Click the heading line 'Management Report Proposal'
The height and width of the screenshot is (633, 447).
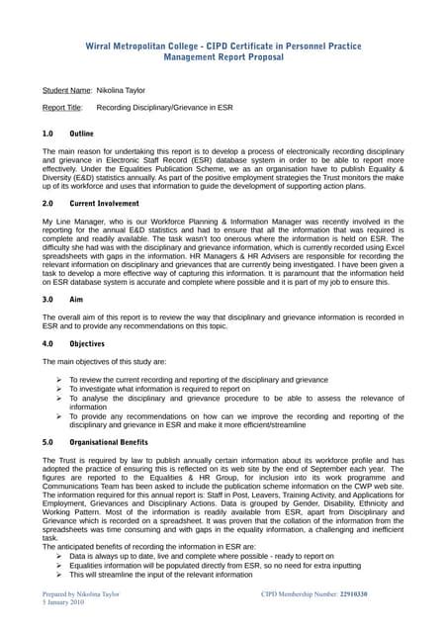click(x=223, y=59)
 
